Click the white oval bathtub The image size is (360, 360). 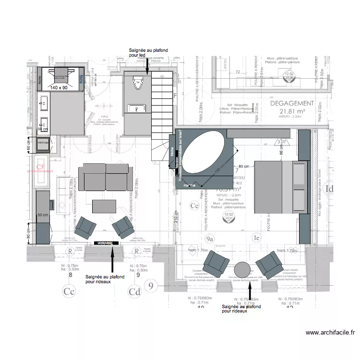(204, 152)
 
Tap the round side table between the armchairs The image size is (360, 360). (243, 270)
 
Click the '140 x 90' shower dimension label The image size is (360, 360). (59, 88)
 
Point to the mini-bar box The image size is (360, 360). (43, 143)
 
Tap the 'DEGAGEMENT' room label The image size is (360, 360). (292, 103)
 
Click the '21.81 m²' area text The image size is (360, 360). (292, 112)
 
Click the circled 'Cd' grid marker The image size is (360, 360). (134, 291)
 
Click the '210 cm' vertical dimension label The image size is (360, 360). (176, 222)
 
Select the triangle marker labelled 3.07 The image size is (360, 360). (282, 142)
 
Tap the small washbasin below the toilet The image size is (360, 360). (137, 109)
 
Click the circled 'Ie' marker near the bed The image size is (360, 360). (257, 237)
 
